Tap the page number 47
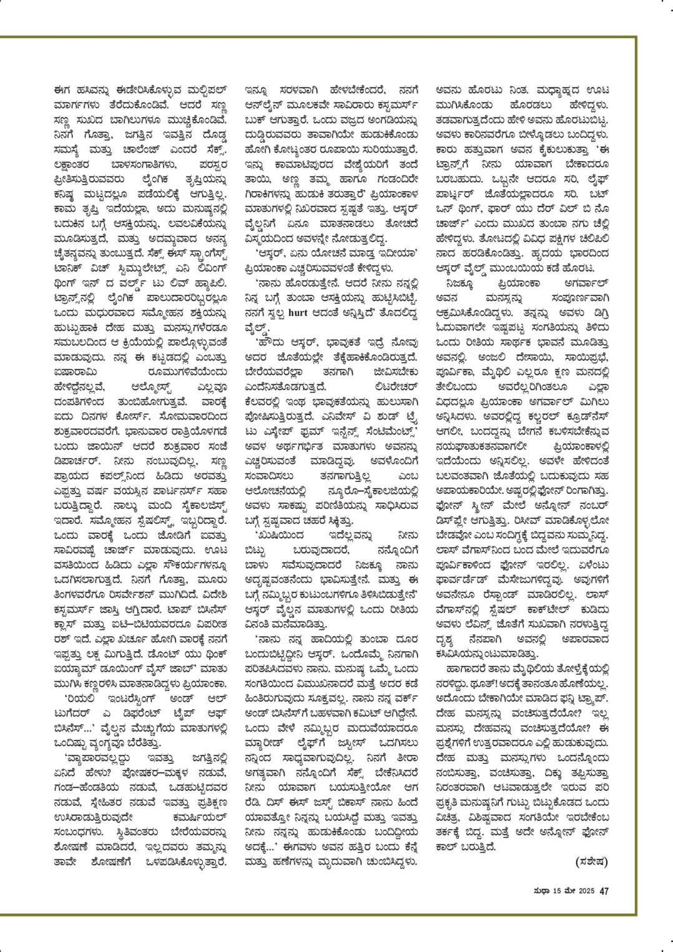pyautogui.click(x=604, y=891)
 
